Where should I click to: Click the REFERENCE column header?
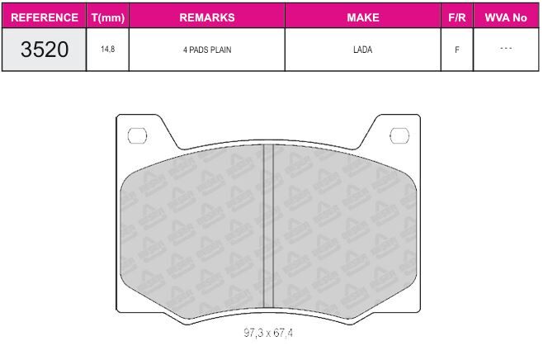45,17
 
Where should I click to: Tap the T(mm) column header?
108,17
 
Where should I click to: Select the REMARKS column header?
207,17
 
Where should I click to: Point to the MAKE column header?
363,17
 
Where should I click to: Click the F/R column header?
457,17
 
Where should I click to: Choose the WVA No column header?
506,17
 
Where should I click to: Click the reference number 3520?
45,50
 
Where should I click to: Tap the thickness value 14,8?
108,50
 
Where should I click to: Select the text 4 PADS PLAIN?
207,50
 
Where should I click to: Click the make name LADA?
362,50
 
